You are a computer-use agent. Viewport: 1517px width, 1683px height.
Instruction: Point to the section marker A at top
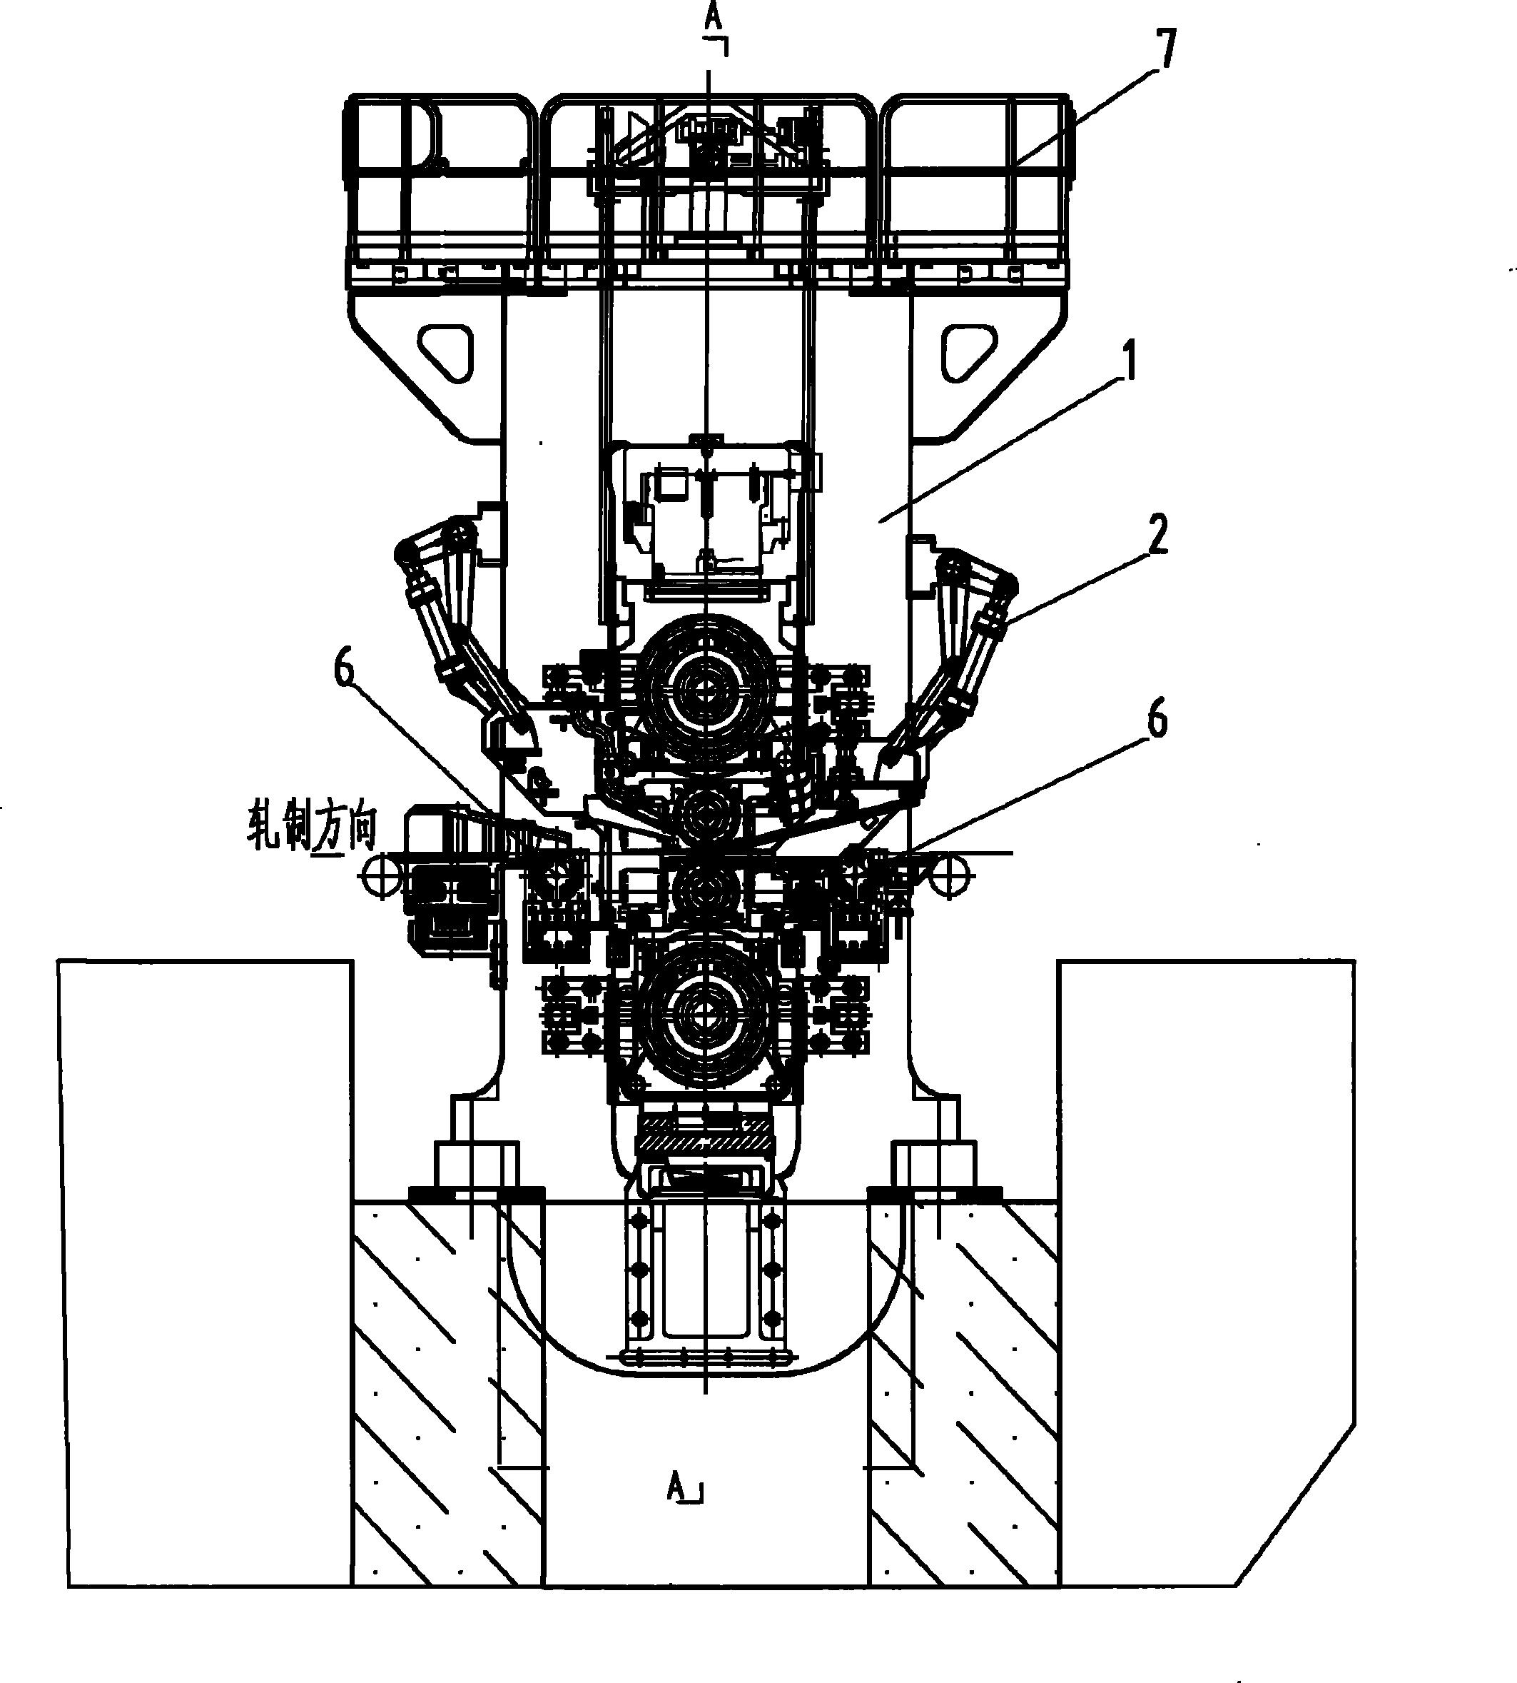714,21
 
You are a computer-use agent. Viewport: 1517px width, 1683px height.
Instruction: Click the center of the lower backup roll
707,1013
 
